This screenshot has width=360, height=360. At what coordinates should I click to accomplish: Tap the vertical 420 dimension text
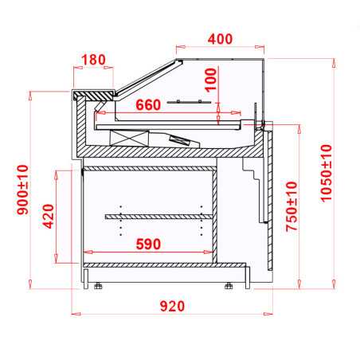tap(47, 217)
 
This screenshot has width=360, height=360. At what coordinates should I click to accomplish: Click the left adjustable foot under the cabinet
tap(98, 285)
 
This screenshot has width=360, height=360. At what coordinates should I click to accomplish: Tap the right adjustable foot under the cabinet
tap(230, 285)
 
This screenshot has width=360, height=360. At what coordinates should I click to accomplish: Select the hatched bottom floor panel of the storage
tap(149, 264)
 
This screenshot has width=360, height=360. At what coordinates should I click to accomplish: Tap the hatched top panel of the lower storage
tap(149, 168)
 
